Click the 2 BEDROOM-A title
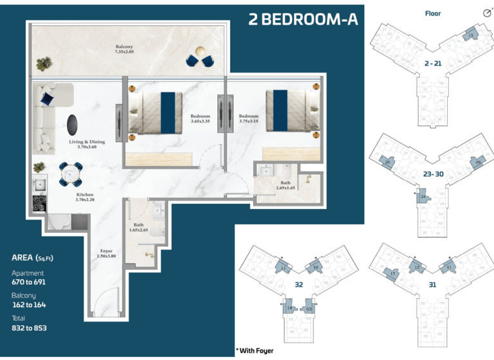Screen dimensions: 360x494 (302, 20)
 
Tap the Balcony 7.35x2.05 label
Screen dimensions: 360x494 (124, 49)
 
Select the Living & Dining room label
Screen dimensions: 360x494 (87, 144)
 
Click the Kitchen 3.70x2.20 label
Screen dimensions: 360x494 (85, 197)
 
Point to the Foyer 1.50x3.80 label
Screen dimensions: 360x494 (106, 253)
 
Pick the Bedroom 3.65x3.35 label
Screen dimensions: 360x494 (201, 119)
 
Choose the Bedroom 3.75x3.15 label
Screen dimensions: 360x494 (248, 119)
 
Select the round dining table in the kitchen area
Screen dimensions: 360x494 (69, 172)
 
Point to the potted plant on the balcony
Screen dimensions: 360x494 (44, 63)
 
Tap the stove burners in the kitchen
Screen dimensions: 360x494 (39, 203)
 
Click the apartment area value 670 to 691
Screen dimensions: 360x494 (29, 282)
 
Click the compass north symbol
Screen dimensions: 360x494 (486, 13)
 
